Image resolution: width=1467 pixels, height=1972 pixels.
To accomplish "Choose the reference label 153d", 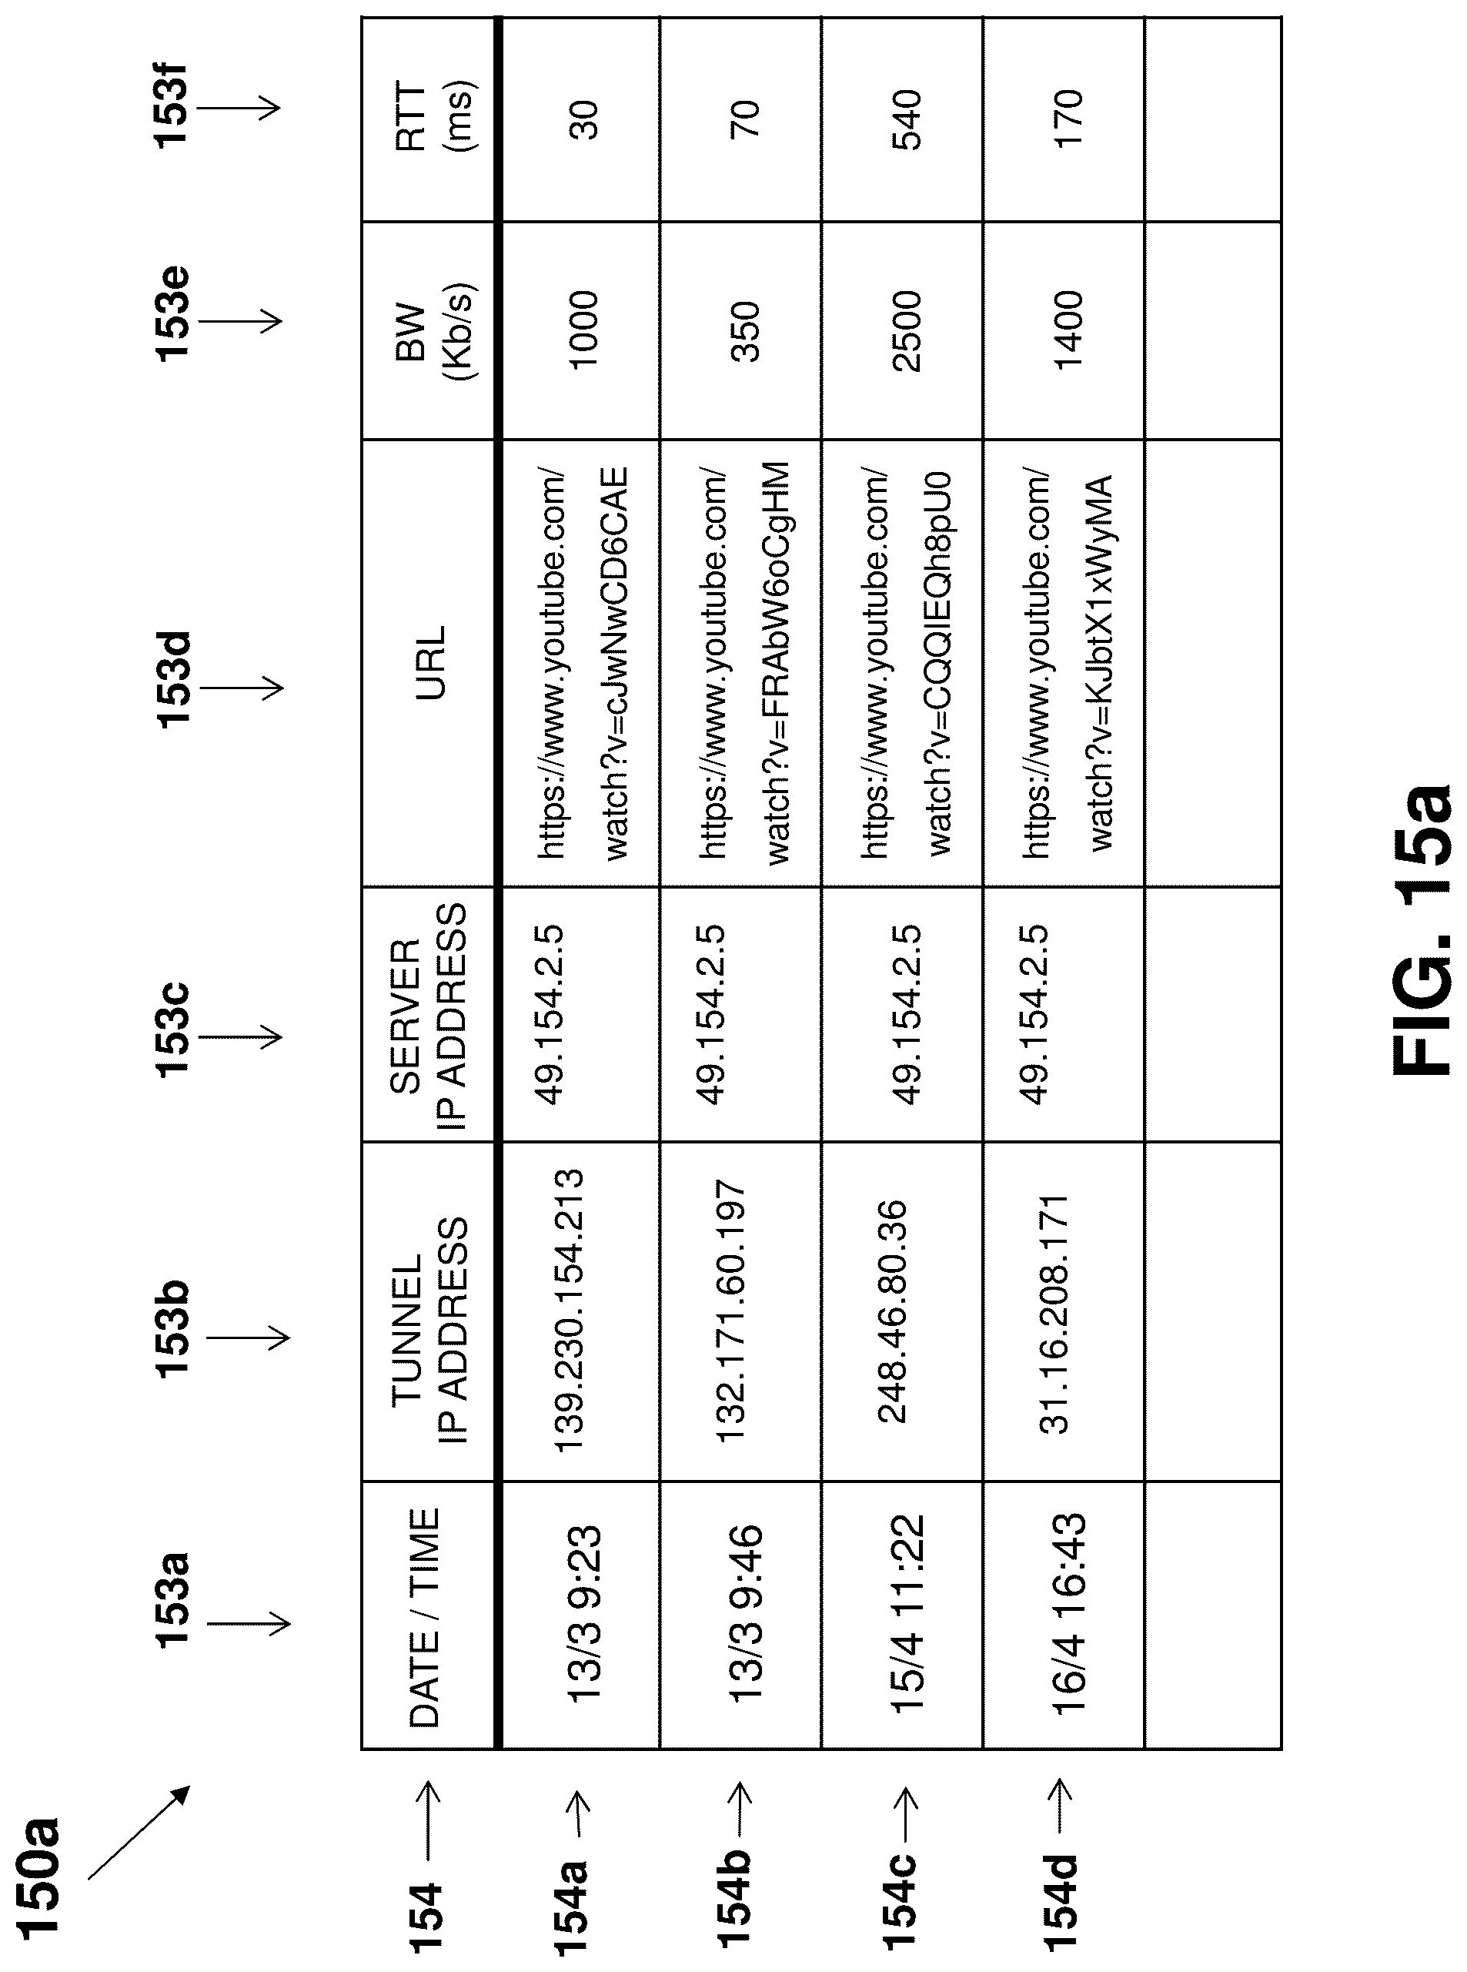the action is pos(174,680).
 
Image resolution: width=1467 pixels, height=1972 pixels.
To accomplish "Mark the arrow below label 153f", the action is pos(238,109).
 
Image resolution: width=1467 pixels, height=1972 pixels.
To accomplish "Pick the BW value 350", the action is pos(746,330).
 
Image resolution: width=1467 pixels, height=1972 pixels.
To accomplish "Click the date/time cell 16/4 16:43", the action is pos(1067,1613).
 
